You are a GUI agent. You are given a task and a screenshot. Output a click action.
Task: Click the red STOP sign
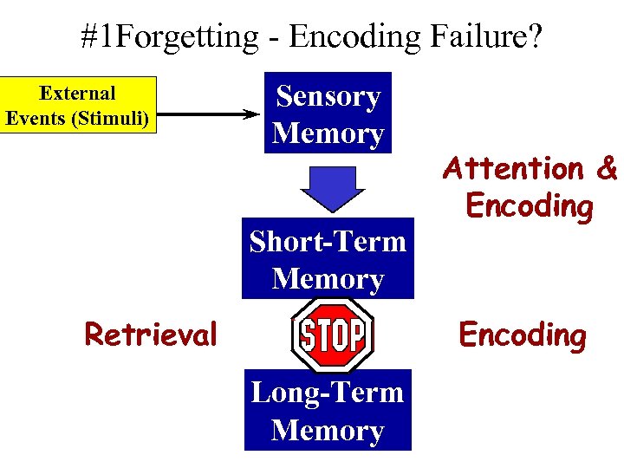click(333, 335)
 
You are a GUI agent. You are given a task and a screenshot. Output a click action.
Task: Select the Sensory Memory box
click(328, 114)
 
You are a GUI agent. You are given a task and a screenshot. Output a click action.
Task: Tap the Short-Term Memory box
click(328, 260)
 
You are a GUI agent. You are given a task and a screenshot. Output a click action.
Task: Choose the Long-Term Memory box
click(328, 411)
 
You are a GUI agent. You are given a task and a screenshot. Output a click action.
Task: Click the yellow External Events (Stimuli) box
click(78, 106)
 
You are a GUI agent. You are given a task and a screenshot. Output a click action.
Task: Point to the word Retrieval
click(150, 334)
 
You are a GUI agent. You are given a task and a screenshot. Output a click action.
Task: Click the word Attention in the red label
click(513, 167)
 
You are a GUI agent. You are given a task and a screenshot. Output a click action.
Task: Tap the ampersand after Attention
click(606, 167)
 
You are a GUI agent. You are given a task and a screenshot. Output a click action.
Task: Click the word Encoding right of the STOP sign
click(522, 335)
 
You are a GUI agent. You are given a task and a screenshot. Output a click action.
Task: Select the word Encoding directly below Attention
click(529, 206)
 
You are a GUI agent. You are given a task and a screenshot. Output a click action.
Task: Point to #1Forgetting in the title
click(169, 36)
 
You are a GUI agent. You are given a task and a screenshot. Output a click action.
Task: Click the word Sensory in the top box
click(328, 96)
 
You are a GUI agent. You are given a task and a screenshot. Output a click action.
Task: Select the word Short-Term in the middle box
click(328, 241)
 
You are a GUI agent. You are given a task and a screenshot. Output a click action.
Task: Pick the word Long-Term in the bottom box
click(328, 393)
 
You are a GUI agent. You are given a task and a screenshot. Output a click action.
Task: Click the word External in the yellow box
click(78, 93)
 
